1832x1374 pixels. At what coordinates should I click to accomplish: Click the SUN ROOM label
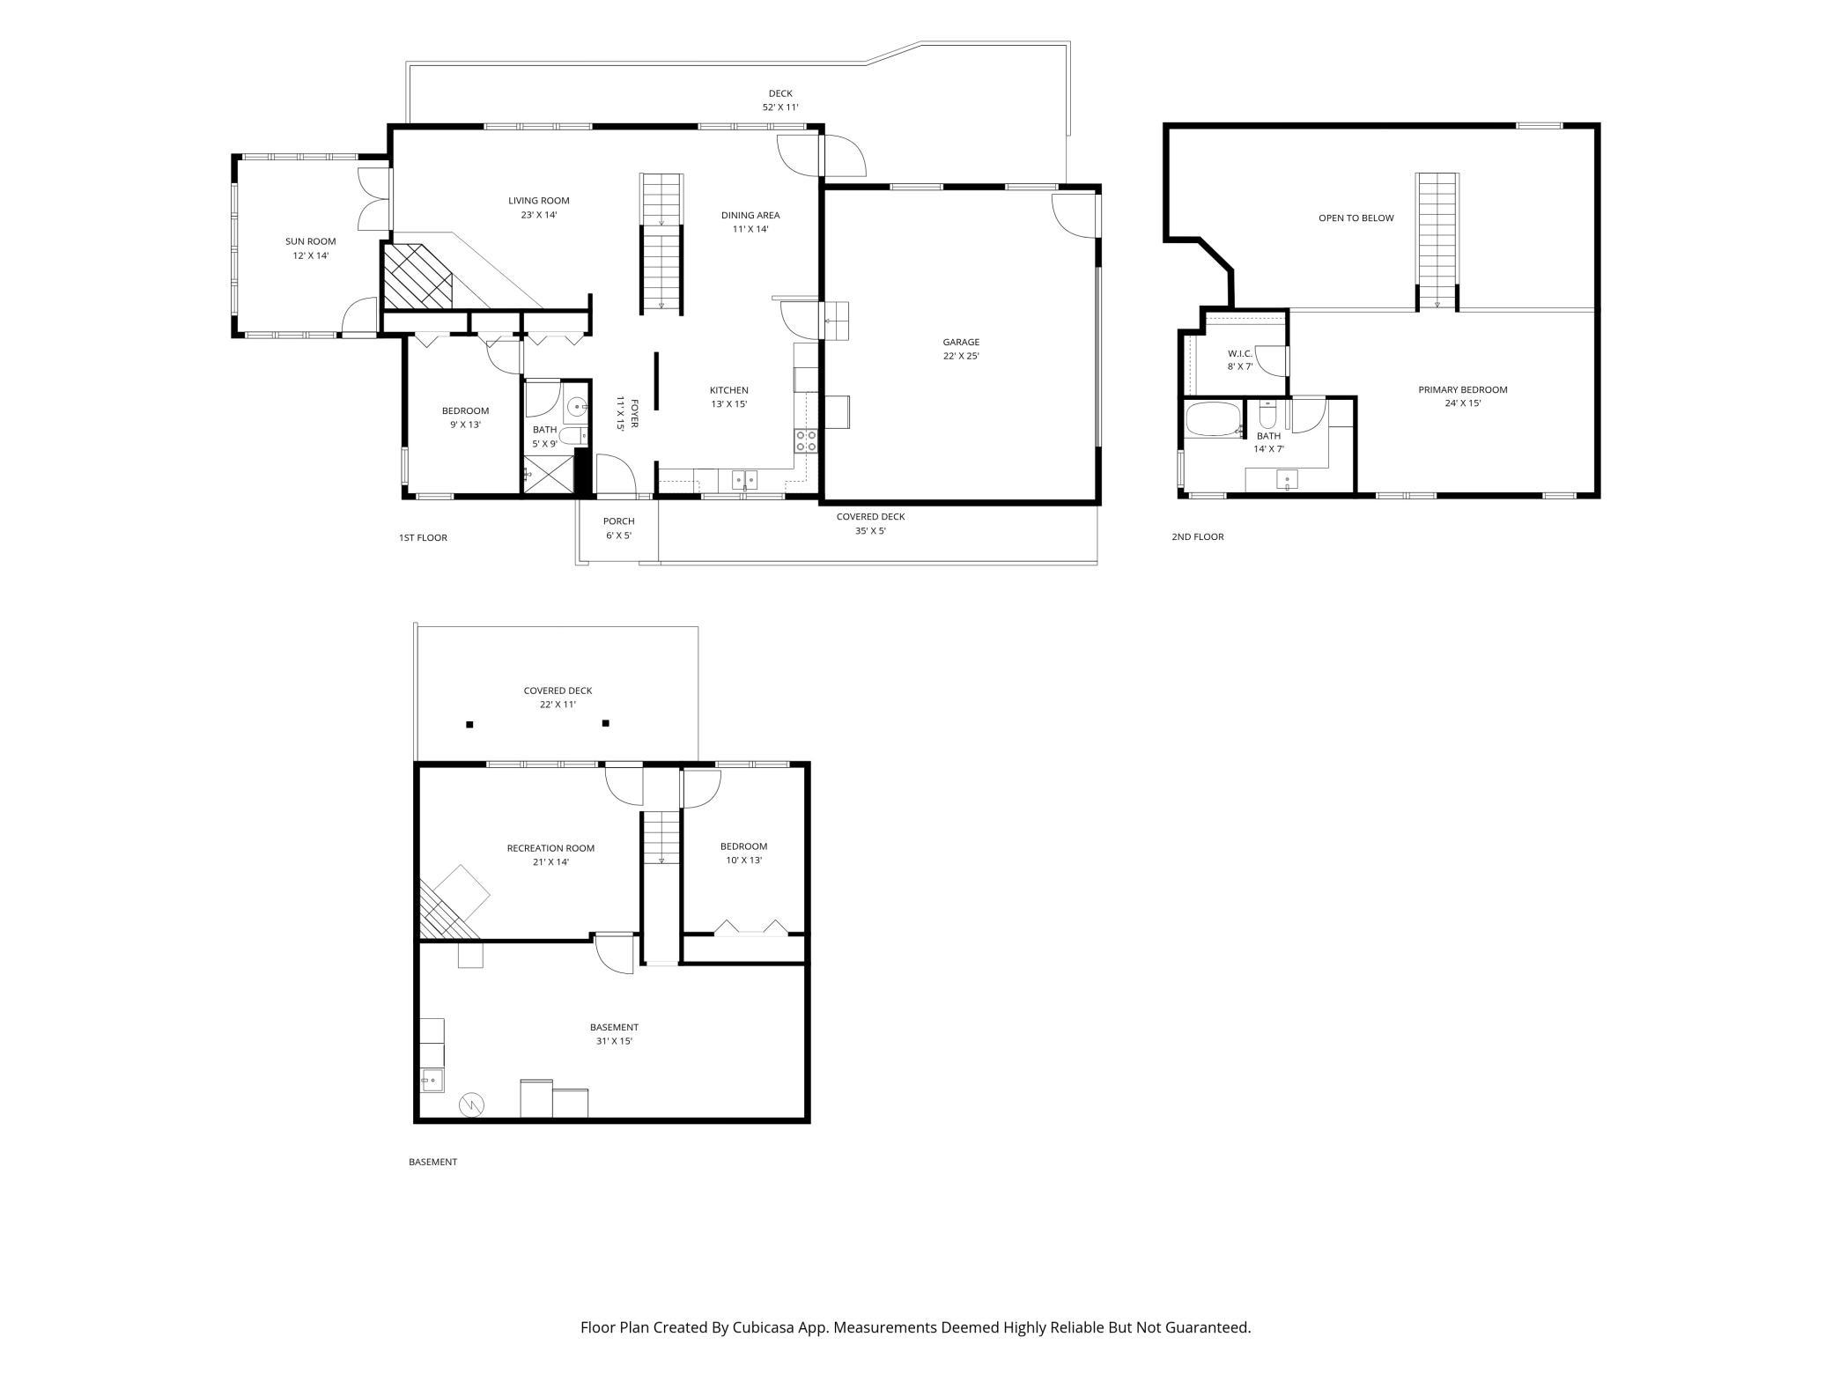pyautogui.click(x=310, y=241)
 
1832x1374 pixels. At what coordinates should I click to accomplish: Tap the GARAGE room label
pyautogui.click(x=961, y=342)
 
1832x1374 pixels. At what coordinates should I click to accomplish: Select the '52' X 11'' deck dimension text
pyautogui.click(x=780, y=107)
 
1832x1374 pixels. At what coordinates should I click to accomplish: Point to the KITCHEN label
pyautogui.click(x=729, y=390)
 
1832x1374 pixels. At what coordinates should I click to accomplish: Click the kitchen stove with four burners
pyautogui.click(x=806, y=440)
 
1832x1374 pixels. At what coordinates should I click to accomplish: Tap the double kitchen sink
pyautogui.click(x=745, y=481)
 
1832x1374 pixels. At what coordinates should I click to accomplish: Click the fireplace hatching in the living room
pyautogui.click(x=417, y=276)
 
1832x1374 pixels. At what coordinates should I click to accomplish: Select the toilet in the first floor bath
pyautogui.click(x=572, y=436)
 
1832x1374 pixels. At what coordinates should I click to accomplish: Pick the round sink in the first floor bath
pyautogui.click(x=577, y=407)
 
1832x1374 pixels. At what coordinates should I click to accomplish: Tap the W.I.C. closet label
pyautogui.click(x=1240, y=353)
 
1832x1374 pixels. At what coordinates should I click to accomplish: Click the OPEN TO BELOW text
pyautogui.click(x=1356, y=218)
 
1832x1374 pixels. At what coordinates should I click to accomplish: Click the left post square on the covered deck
pyautogui.click(x=469, y=725)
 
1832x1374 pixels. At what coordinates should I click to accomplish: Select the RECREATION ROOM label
pyautogui.click(x=550, y=848)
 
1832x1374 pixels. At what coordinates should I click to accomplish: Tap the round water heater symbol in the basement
pyautogui.click(x=472, y=1104)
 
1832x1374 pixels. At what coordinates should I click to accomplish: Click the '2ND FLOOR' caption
pyautogui.click(x=1198, y=536)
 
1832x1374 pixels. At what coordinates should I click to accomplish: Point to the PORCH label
pyautogui.click(x=619, y=521)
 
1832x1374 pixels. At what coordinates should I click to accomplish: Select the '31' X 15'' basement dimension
pyautogui.click(x=614, y=1041)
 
